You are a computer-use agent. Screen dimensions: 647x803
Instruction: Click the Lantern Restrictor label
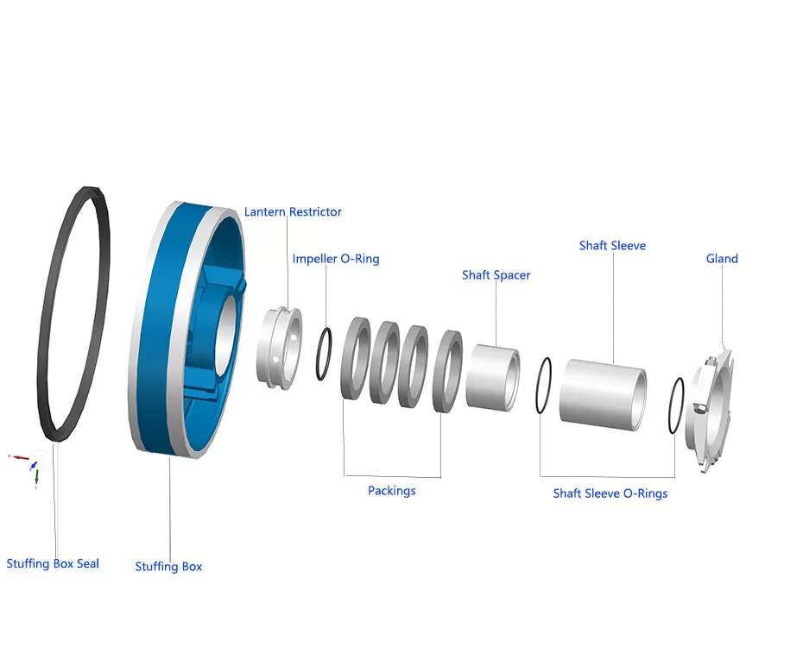click(x=293, y=212)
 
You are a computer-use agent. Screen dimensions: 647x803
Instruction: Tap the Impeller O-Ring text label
click(x=335, y=259)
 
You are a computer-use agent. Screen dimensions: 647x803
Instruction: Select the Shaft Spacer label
click(x=496, y=275)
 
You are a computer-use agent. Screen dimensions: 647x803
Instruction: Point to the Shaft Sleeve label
click(x=612, y=246)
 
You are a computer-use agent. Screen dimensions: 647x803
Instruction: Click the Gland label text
click(x=722, y=259)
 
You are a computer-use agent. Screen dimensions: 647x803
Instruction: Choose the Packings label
click(x=391, y=491)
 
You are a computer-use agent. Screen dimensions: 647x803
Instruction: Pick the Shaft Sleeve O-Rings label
click(x=610, y=493)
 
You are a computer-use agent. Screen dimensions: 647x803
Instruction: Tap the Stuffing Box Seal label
click(x=53, y=564)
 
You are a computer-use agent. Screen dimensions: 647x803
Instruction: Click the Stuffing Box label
click(x=168, y=567)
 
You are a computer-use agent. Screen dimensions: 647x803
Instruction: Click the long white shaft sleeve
click(x=602, y=392)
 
